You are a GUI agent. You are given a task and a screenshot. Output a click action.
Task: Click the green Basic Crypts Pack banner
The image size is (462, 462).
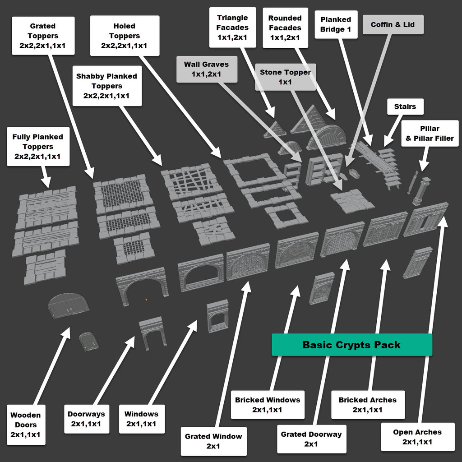pyautogui.click(x=352, y=345)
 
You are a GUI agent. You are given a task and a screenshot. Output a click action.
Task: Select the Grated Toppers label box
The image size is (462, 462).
pyautogui.click(x=43, y=36)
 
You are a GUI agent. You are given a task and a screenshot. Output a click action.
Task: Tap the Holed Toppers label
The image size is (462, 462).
pyautogui.click(x=125, y=36)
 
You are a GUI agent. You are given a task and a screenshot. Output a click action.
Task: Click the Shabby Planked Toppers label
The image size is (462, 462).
pyautogui.click(x=107, y=86)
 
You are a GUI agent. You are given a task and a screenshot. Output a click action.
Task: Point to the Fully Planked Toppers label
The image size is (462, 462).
pyautogui.click(x=38, y=147)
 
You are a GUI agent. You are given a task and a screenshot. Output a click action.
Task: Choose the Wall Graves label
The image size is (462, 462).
pyautogui.click(x=207, y=69)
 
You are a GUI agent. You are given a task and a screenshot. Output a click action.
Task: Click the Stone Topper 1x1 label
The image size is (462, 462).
pyautogui.click(x=285, y=77)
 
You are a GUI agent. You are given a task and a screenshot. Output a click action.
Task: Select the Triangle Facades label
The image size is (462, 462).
pyautogui.click(x=232, y=28)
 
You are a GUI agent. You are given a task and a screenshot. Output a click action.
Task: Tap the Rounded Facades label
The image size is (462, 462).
pyautogui.click(x=285, y=28)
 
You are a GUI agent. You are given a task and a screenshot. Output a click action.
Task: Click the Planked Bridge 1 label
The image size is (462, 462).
pyautogui.click(x=336, y=25)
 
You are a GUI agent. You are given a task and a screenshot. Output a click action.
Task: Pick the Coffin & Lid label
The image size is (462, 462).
pyautogui.click(x=393, y=25)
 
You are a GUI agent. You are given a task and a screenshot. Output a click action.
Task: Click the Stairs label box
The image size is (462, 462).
pyautogui.click(x=405, y=107)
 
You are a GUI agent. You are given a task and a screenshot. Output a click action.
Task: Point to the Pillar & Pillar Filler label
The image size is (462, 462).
pyautogui.click(x=430, y=134)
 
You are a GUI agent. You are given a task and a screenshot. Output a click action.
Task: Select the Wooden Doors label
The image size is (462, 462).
pyautogui.click(x=26, y=425)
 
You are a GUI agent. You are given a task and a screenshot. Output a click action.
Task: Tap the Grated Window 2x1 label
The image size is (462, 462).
pyautogui.click(x=213, y=441)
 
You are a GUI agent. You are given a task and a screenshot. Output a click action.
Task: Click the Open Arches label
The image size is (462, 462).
pyautogui.click(x=417, y=437)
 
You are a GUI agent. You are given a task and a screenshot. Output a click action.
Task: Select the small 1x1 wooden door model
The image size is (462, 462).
pyautogui.click(x=89, y=341)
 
